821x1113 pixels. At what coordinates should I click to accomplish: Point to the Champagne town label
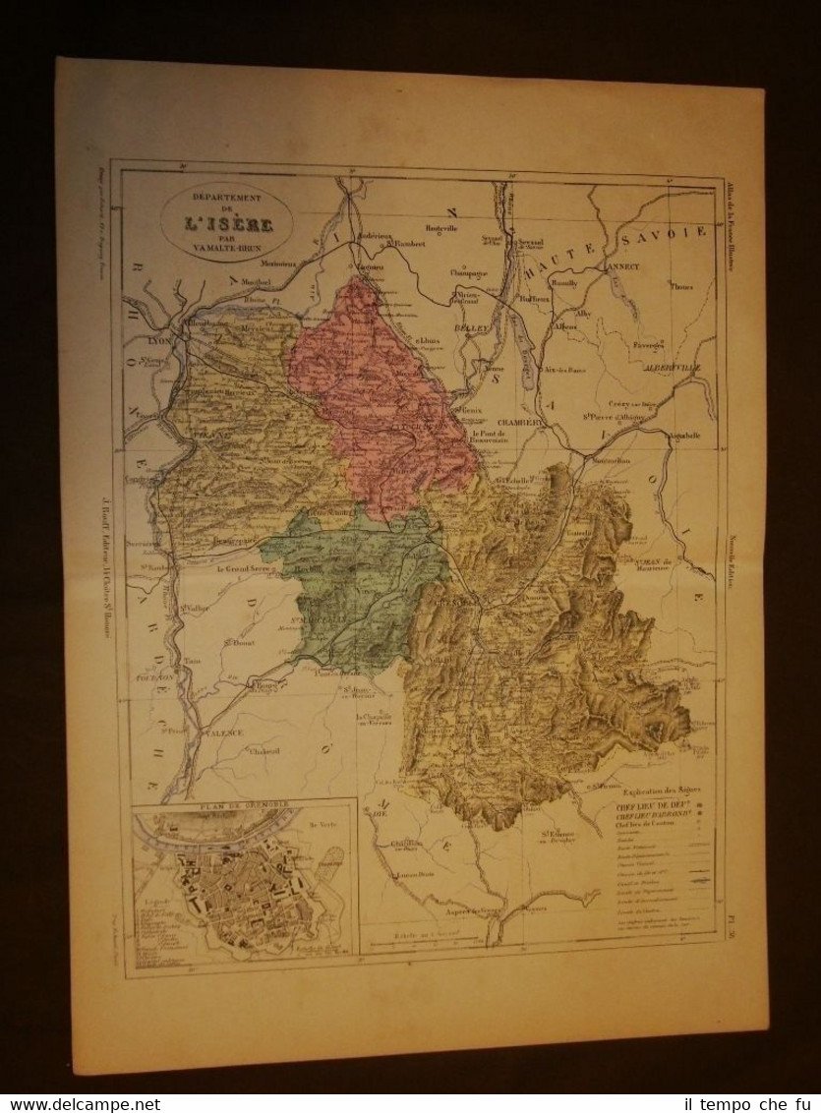tap(468, 272)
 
